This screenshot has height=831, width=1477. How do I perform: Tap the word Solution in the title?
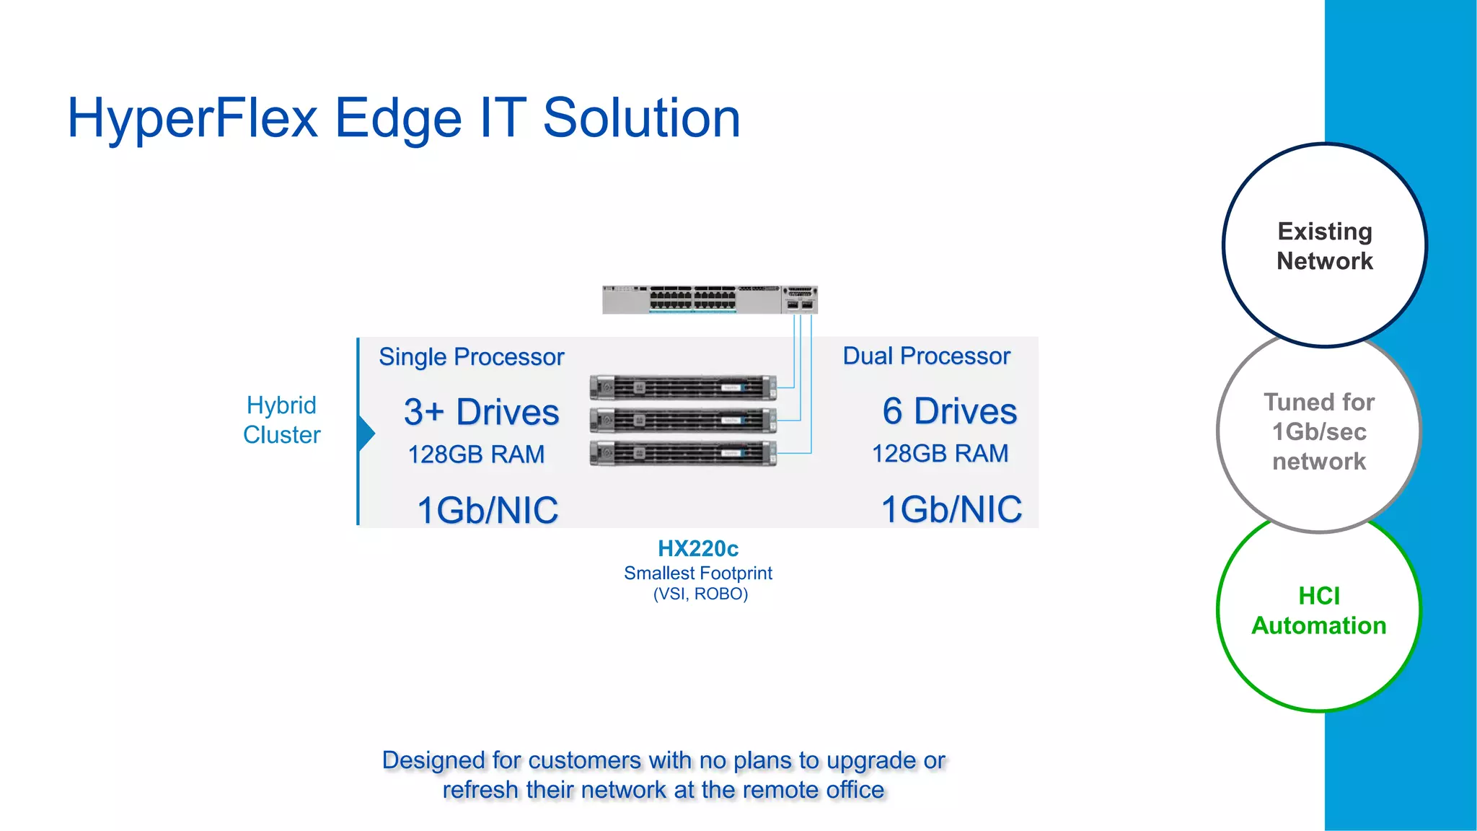(x=641, y=119)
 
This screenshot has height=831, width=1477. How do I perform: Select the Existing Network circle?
(x=1324, y=246)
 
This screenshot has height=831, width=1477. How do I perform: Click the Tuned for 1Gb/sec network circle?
(x=1318, y=431)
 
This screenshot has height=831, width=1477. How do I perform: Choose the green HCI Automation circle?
(x=1318, y=611)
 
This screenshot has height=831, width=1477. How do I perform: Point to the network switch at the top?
(x=710, y=299)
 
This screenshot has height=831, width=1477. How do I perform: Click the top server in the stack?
(x=682, y=387)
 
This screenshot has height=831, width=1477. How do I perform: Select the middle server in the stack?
(x=682, y=420)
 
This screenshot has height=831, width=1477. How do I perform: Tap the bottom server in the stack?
(x=682, y=453)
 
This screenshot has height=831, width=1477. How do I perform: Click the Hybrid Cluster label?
(x=281, y=420)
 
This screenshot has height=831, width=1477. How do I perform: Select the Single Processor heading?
(x=471, y=357)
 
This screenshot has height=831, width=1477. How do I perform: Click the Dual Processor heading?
(x=926, y=356)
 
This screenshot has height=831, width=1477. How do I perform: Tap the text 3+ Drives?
(x=481, y=413)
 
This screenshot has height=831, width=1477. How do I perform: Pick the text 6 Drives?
(x=949, y=412)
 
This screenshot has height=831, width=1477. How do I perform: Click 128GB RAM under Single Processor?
(x=476, y=454)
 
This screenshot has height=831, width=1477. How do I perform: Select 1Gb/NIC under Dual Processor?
(x=951, y=509)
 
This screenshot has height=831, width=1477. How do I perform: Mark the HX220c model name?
(x=697, y=549)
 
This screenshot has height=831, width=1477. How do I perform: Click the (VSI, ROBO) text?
(x=700, y=594)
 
